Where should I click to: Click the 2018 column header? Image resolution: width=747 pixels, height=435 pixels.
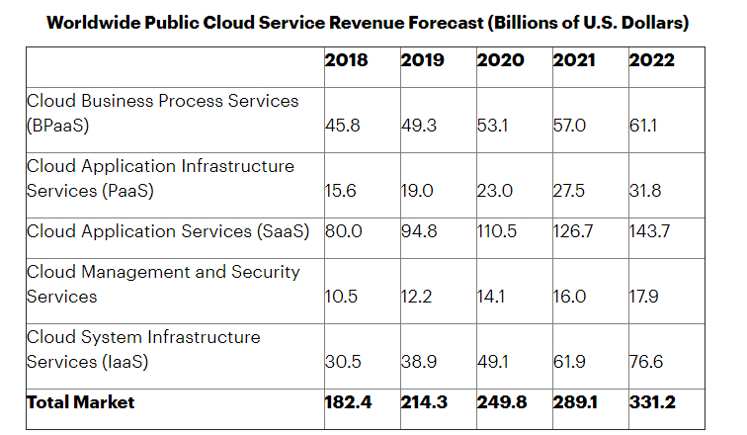346,60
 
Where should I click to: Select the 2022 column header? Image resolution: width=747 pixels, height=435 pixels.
651,60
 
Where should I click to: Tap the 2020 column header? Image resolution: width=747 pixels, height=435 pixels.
500,60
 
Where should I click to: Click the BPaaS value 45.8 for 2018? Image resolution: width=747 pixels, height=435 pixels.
341,126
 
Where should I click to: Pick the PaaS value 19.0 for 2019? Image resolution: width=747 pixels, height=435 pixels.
417,191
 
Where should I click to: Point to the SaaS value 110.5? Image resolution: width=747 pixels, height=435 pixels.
498,231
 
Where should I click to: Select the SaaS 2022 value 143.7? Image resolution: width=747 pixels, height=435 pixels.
650,231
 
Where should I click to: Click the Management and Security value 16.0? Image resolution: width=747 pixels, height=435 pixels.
569,297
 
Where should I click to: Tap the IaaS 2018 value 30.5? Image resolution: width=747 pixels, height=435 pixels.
341,362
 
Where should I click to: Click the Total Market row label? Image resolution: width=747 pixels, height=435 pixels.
80,402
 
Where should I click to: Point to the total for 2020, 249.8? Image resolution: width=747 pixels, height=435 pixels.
500,402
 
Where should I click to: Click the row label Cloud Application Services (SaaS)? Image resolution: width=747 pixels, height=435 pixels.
168,231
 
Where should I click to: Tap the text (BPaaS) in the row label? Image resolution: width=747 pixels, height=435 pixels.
58,126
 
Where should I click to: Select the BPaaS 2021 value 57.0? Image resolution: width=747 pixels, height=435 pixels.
569,126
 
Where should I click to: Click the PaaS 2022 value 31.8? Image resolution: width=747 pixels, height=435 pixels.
645,191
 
